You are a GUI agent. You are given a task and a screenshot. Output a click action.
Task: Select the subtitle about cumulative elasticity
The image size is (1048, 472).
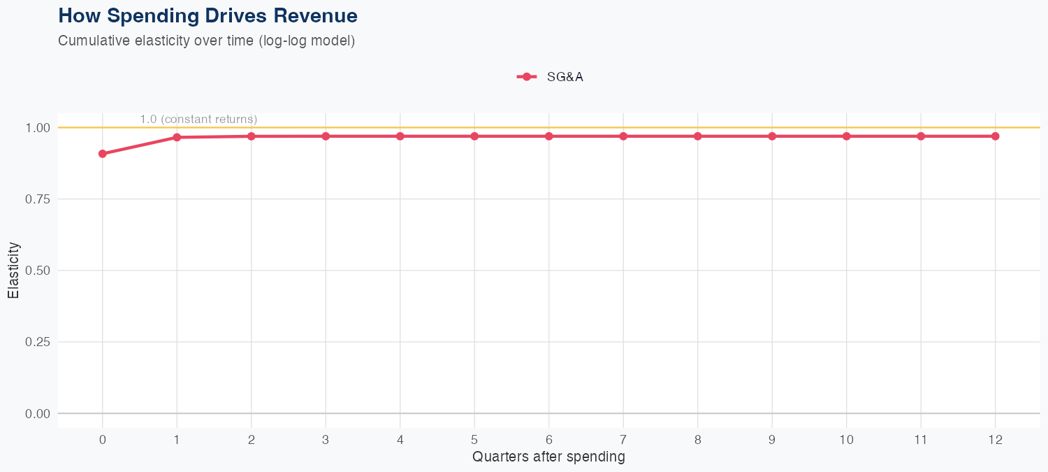[x=207, y=41]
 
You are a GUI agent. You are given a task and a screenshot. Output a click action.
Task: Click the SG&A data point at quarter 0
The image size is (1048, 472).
[x=103, y=154]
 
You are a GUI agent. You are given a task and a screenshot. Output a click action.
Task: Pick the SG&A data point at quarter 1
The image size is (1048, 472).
[x=177, y=137]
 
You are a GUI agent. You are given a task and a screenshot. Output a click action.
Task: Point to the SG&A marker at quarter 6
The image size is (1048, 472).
[x=549, y=136]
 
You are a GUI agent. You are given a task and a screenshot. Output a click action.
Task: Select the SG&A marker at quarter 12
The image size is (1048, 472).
[x=996, y=136]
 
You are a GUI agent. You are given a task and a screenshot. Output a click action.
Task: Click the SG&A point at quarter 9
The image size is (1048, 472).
[x=772, y=136]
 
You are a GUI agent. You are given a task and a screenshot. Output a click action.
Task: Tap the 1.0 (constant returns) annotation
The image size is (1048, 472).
[x=198, y=120]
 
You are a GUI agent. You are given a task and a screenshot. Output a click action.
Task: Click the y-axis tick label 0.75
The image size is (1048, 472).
[x=38, y=199]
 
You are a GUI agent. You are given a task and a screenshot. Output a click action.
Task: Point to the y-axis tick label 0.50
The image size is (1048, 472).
[x=38, y=271]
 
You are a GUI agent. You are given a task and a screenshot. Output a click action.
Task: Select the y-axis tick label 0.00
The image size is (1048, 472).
[x=38, y=414]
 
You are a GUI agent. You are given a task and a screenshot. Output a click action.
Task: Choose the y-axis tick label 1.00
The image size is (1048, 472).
[x=38, y=128]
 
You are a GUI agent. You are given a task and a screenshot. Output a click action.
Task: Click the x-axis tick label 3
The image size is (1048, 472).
[x=326, y=440]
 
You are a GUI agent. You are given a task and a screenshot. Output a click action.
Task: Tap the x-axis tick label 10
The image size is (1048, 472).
[x=847, y=440]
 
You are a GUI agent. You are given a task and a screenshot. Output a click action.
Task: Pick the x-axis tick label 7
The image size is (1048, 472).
[x=623, y=440]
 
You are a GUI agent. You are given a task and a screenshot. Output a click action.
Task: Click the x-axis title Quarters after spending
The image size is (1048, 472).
[x=548, y=457]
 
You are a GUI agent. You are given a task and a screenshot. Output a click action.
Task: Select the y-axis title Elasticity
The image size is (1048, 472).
[x=13, y=271]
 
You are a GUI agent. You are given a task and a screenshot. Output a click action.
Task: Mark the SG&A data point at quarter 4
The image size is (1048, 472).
[x=400, y=136]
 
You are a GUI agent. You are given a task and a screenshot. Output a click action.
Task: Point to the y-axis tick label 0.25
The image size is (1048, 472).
[x=38, y=342]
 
